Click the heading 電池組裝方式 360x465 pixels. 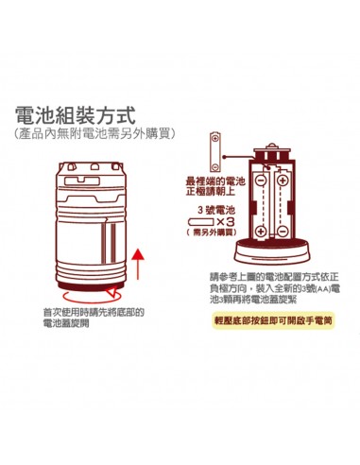coord(76,115)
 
